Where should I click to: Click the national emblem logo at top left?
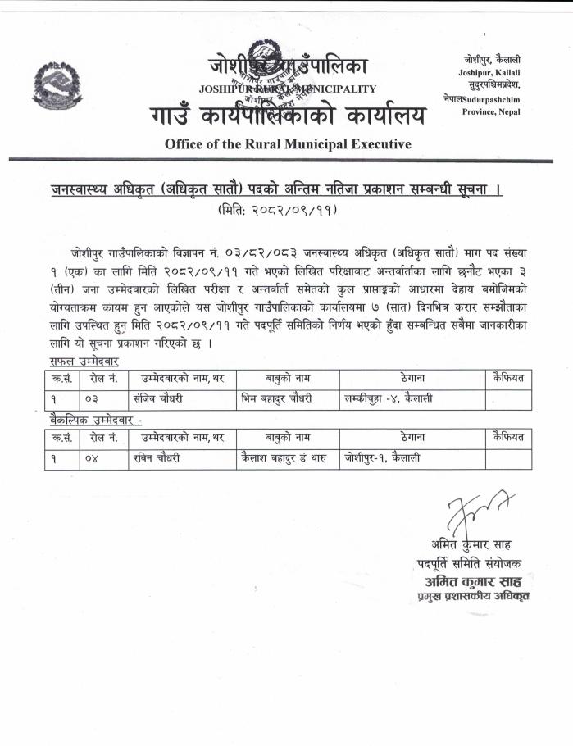[x=57, y=89]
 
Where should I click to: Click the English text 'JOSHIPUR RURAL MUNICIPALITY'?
[x=287, y=89]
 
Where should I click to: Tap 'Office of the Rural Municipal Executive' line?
[x=288, y=144]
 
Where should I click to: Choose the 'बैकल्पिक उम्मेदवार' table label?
[x=93, y=421]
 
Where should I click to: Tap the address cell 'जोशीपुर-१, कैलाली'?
[x=383, y=459]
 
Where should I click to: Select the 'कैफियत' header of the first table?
[x=508, y=378]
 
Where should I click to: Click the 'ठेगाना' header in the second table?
[x=412, y=438]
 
